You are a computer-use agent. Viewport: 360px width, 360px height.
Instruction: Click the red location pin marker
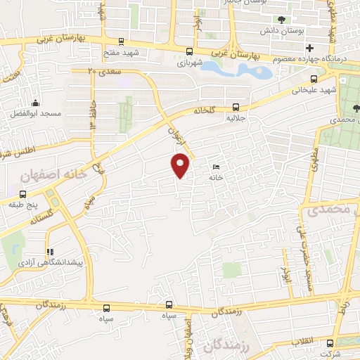pyautogui.click(x=181, y=165)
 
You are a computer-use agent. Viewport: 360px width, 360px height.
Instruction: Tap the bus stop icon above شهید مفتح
pyautogui.click(x=122, y=41)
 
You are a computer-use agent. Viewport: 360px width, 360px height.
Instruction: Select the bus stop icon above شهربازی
pyautogui.click(x=189, y=51)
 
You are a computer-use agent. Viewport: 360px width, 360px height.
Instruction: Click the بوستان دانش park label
pyautogui.click(x=281, y=32)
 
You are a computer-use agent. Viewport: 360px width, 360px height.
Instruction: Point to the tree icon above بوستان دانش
pyautogui.click(x=281, y=20)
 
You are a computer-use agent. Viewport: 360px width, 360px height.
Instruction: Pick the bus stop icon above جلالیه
pyautogui.click(x=236, y=108)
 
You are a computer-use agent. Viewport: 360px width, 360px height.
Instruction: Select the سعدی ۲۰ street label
pyautogui.click(x=103, y=71)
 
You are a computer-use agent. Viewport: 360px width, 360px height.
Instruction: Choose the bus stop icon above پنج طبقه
pyautogui.click(x=22, y=193)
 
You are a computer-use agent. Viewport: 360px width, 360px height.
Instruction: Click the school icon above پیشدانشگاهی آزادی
pyautogui.click(x=49, y=252)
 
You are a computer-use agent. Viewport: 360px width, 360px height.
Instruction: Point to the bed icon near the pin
pyautogui.click(x=215, y=167)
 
